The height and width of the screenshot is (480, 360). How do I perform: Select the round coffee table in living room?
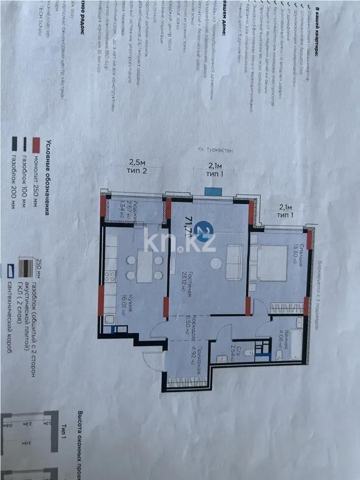(214, 263)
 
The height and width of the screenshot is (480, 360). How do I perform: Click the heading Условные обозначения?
(49, 174)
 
